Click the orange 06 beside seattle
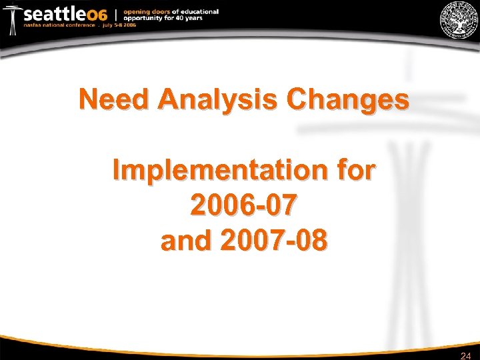[97, 15]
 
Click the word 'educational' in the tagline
[197, 11]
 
